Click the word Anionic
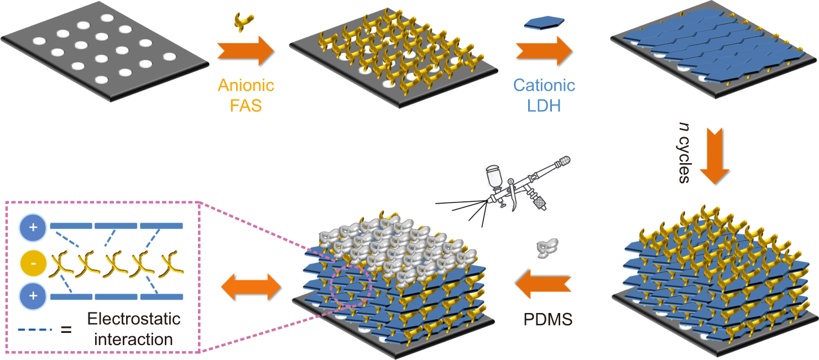[246, 86]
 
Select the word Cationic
[544, 86]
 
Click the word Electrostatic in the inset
[134, 319]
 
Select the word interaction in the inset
[133, 338]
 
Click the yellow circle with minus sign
[33, 263]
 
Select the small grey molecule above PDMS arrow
[546, 248]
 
